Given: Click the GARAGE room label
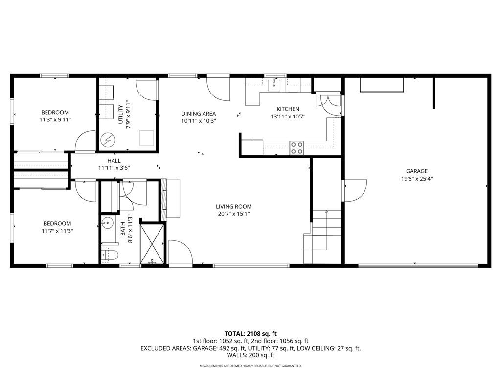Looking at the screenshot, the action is pyautogui.click(x=417, y=171).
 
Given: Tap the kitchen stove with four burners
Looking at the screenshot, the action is pyautogui.click(x=296, y=148).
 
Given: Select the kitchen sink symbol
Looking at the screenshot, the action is pyautogui.click(x=274, y=85).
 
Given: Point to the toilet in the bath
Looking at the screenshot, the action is pyautogui.click(x=110, y=255).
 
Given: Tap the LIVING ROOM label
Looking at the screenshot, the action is pyautogui.click(x=233, y=206).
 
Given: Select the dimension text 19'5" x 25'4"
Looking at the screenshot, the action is pyautogui.click(x=417, y=179).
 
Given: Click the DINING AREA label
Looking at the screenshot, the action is pyautogui.click(x=199, y=114).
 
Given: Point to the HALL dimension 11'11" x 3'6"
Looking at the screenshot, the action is pyautogui.click(x=114, y=168).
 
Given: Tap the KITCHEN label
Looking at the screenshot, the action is pyautogui.click(x=288, y=109).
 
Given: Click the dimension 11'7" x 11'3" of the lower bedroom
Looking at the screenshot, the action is pyautogui.click(x=58, y=231).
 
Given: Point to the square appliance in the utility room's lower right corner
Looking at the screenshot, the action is pyautogui.click(x=147, y=138).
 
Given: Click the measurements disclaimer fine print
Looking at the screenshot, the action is pyautogui.click(x=250, y=366).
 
